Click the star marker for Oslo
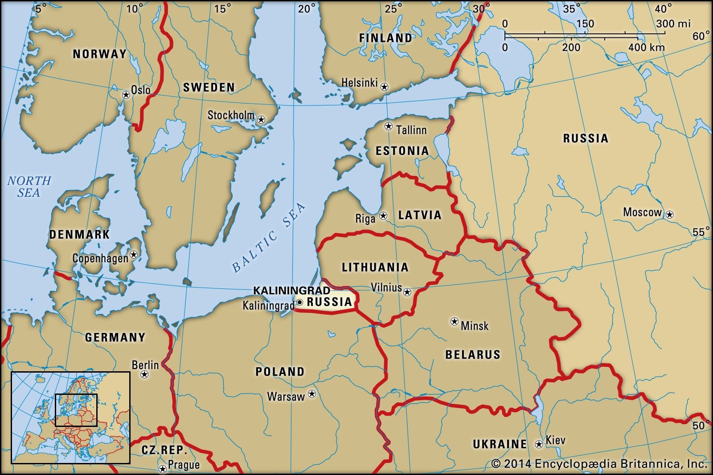(126, 94)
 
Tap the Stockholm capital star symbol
(261, 119)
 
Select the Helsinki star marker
(384, 87)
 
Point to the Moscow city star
(669, 215)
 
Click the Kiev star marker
(539, 444)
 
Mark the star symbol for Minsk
(455, 321)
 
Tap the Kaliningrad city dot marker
(300, 303)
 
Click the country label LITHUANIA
(375, 267)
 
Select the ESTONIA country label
(402, 151)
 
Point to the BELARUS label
(473, 355)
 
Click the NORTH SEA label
(29, 187)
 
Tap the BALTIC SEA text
(270, 237)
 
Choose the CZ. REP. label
(164, 450)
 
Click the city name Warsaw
(286, 396)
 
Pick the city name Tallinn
(411, 130)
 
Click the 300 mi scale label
(673, 24)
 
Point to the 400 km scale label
(647, 47)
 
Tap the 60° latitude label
(701, 37)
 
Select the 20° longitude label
(307, 8)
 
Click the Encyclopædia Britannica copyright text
(599, 464)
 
